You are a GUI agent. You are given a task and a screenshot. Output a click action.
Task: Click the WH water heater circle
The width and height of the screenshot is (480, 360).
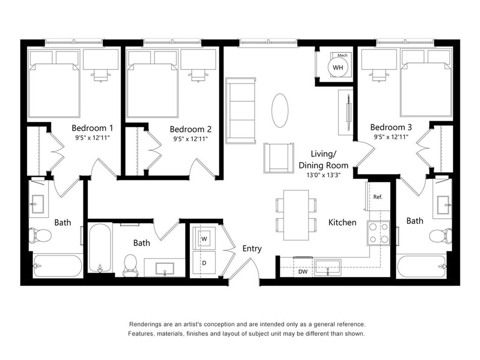[337, 67]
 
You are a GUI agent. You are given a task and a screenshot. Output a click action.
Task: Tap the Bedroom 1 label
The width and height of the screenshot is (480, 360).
[92, 127]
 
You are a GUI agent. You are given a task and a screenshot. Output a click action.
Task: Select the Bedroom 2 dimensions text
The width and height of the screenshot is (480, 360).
[190, 139]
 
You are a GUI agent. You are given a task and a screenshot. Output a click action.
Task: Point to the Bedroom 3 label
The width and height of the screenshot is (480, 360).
[391, 127]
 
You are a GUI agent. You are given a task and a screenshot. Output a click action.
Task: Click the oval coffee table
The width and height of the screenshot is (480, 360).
[280, 110]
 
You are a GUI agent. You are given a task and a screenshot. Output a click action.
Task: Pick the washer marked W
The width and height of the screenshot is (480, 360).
[204, 239]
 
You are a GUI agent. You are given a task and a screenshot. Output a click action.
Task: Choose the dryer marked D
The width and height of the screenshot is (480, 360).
[204, 263]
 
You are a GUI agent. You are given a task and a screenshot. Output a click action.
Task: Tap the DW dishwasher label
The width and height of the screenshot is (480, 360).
[303, 271]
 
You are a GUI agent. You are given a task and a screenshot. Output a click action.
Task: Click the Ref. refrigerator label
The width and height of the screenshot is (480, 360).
[378, 197]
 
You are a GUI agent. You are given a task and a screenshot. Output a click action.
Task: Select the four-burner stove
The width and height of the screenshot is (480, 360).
[379, 232]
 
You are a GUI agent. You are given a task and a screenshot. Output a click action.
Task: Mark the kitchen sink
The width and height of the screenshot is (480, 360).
[328, 267]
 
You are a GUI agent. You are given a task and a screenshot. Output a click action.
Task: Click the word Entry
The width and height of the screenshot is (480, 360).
[252, 248]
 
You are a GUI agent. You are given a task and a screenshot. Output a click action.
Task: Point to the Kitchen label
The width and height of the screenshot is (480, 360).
[342, 222]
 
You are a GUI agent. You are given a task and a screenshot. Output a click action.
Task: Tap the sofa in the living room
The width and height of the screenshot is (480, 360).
[240, 111]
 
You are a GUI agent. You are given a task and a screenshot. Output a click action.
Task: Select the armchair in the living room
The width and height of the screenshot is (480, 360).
[278, 158]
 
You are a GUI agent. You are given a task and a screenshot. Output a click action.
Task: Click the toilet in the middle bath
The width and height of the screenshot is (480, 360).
[130, 265]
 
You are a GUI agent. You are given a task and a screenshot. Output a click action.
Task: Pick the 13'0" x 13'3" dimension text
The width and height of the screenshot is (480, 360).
[323, 175]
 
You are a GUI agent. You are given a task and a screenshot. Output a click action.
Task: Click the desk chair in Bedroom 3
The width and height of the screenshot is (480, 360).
[379, 75]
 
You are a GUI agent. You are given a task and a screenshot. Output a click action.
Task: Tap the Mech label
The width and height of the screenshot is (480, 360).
[342, 55]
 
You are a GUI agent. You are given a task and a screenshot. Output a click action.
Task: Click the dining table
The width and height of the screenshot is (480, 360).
[296, 215]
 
